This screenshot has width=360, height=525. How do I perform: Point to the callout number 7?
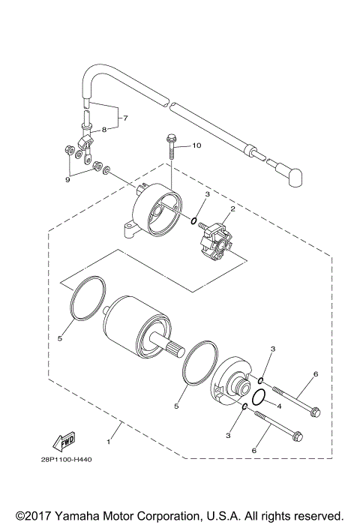point(125,118)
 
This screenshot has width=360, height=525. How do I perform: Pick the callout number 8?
point(104,129)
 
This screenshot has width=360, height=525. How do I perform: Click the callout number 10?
point(197,145)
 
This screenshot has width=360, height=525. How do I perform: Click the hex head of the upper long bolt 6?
point(314,410)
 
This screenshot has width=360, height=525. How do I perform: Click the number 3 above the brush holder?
point(206,194)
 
